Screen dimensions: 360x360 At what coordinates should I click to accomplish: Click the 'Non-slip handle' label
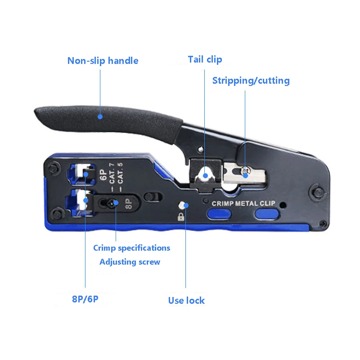coord(103,60)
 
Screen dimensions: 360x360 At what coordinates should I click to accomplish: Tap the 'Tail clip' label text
coord(205,59)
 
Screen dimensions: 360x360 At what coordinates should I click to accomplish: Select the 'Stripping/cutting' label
coord(251,81)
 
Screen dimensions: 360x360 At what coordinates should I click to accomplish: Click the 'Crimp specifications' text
coord(131,248)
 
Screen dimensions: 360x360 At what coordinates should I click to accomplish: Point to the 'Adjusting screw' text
coord(130,262)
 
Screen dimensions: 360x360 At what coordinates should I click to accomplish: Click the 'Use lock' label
coord(186,301)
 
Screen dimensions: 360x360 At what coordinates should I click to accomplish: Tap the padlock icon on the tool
coord(182,217)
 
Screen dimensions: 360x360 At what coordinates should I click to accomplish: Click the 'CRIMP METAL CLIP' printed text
coord(243,203)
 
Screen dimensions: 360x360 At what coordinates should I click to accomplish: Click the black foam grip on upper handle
coord(108,117)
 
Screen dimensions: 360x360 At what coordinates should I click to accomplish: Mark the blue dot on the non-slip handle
coord(100,117)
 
